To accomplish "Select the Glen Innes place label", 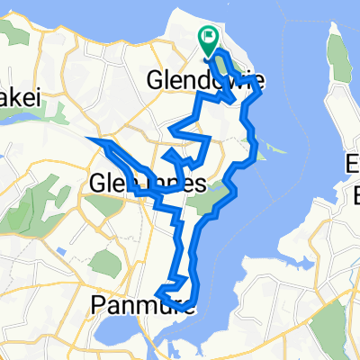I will point(148,184).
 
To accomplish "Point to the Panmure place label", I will point(131,305).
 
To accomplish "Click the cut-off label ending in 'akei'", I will point(20,100).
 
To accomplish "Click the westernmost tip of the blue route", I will point(88,138).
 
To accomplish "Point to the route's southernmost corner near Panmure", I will point(159,292).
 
